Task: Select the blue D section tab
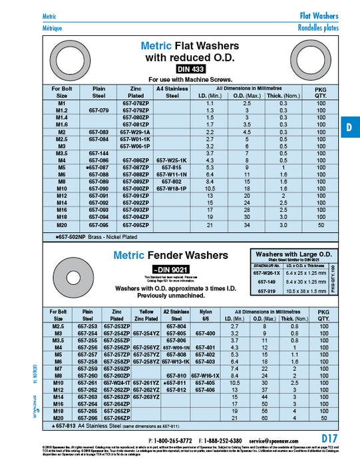[350, 128]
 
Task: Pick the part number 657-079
[98, 110]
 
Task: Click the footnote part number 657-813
[64, 425]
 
